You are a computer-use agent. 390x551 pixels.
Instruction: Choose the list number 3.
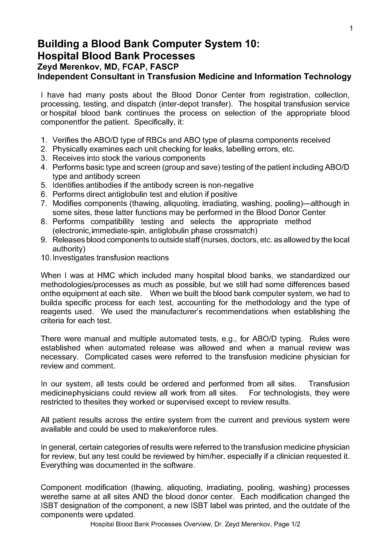click(44, 158)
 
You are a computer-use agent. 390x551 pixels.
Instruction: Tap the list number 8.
click(44, 222)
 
